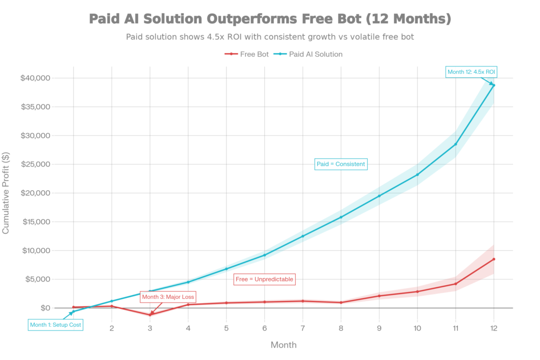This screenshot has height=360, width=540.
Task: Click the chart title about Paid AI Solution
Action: (x=269, y=20)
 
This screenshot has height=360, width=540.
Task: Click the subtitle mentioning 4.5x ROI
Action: (x=269, y=37)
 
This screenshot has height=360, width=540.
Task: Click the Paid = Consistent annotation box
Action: (x=340, y=164)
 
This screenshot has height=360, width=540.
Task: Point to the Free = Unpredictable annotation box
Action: (x=264, y=279)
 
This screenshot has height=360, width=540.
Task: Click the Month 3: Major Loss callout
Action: (x=168, y=297)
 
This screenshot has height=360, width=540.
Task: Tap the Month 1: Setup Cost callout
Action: (x=55, y=325)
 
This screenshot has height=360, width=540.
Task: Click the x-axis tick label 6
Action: (x=265, y=328)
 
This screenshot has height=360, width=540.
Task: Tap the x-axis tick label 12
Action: (x=494, y=328)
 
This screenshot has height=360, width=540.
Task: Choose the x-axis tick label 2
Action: (x=112, y=328)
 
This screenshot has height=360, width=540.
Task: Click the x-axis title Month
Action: (x=284, y=345)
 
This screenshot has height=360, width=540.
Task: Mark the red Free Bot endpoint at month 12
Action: (x=494, y=259)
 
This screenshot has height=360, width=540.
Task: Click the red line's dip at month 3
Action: (x=150, y=314)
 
